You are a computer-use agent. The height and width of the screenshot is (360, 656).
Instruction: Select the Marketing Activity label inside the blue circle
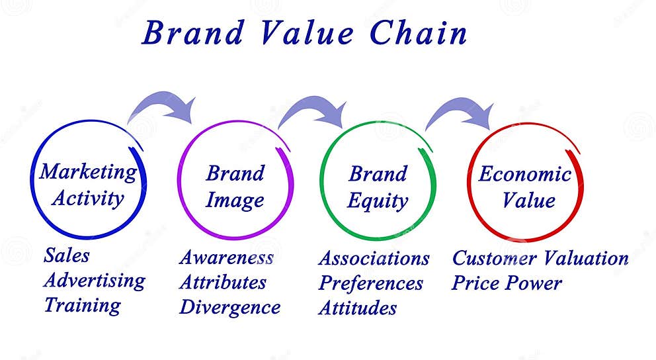88,185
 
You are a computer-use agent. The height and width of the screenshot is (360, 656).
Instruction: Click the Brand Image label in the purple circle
235,187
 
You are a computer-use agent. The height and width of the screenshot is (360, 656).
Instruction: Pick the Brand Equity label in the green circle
378,187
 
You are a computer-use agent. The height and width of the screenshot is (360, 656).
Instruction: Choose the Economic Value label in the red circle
525,187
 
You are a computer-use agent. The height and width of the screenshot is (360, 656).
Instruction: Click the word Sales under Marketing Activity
66,255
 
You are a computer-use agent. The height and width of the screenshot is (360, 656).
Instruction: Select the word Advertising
94,280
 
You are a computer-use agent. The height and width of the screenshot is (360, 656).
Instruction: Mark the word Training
82,305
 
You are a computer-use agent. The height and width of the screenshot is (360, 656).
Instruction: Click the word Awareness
226,257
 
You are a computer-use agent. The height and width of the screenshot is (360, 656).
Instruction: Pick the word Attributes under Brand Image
223,283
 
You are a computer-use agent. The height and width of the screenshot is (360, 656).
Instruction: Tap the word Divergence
229,307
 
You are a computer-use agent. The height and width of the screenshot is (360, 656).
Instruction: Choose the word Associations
374,258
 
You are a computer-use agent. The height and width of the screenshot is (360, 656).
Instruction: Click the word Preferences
370,283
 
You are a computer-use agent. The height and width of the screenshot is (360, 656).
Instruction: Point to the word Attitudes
357,308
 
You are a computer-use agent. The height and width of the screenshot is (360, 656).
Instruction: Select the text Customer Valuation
540,258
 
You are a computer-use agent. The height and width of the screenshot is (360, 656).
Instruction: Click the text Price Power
507,283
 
